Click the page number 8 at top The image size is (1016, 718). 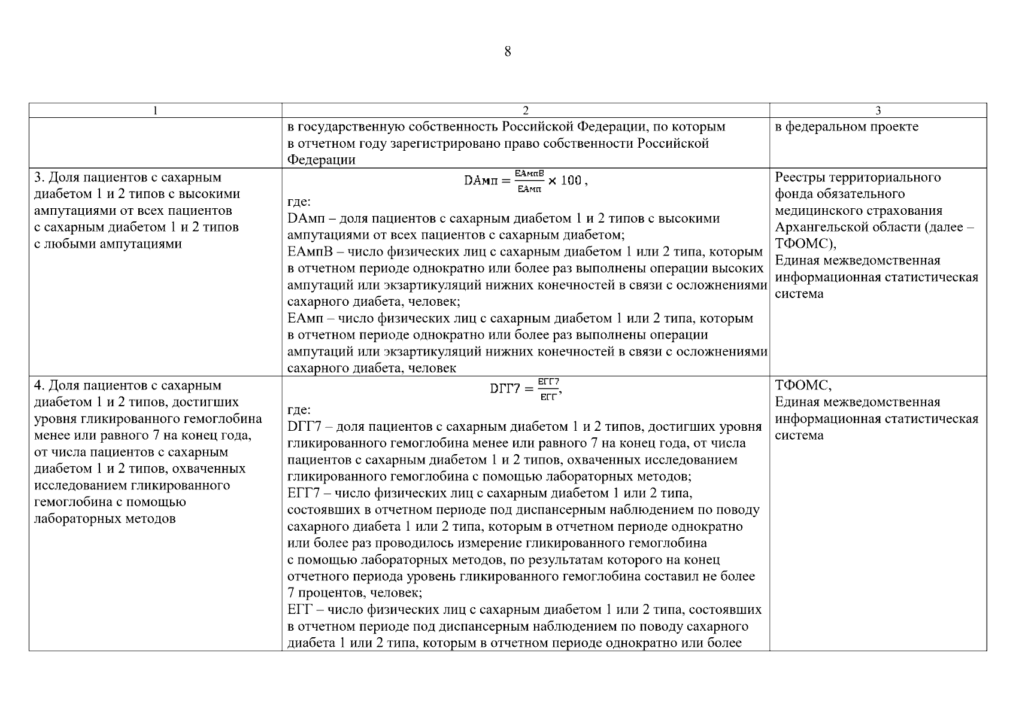coord(508,51)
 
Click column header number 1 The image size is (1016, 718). coord(155,111)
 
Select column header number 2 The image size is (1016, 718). coord(525,111)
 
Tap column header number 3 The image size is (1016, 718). coord(878,111)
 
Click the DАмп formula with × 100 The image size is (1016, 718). coord(525,181)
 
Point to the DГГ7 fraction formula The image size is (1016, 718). coord(525,389)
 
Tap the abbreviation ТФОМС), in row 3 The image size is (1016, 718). coord(805,244)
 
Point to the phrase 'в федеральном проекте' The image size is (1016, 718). coord(847,127)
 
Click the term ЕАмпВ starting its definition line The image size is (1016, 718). coord(305,252)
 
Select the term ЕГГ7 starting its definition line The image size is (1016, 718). coord(305,494)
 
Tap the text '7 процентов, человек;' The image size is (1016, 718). coord(354,594)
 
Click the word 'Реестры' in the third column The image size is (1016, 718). coord(798,178)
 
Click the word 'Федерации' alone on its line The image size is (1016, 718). coord(322,160)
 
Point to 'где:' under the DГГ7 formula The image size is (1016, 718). coord(299,410)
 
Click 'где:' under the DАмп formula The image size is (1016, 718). coord(299,202)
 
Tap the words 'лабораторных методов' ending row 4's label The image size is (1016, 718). coord(105,519)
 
